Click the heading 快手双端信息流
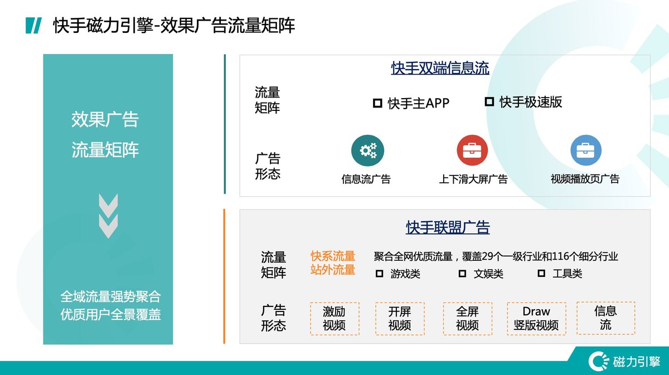[x=440, y=69]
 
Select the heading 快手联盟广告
[x=448, y=227]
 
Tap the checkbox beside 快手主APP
[x=377, y=103]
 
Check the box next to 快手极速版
[x=489, y=101]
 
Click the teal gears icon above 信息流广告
[x=367, y=151]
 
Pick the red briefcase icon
[x=472, y=151]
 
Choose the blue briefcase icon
[x=585, y=151]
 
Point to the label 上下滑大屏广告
[x=473, y=179]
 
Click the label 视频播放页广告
[x=585, y=179]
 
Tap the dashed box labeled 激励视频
[x=334, y=318]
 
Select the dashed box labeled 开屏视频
[x=400, y=318]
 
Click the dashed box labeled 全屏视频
[x=467, y=318]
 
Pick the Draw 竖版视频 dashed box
[x=536, y=318]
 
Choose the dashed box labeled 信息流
[x=605, y=318]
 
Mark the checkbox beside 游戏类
[x=380, y=274]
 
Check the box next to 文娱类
[x=462, y=274]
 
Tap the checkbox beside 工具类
[x=541, y=274]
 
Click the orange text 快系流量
[x=333, y=256]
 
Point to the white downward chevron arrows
[x=108, y=215]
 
